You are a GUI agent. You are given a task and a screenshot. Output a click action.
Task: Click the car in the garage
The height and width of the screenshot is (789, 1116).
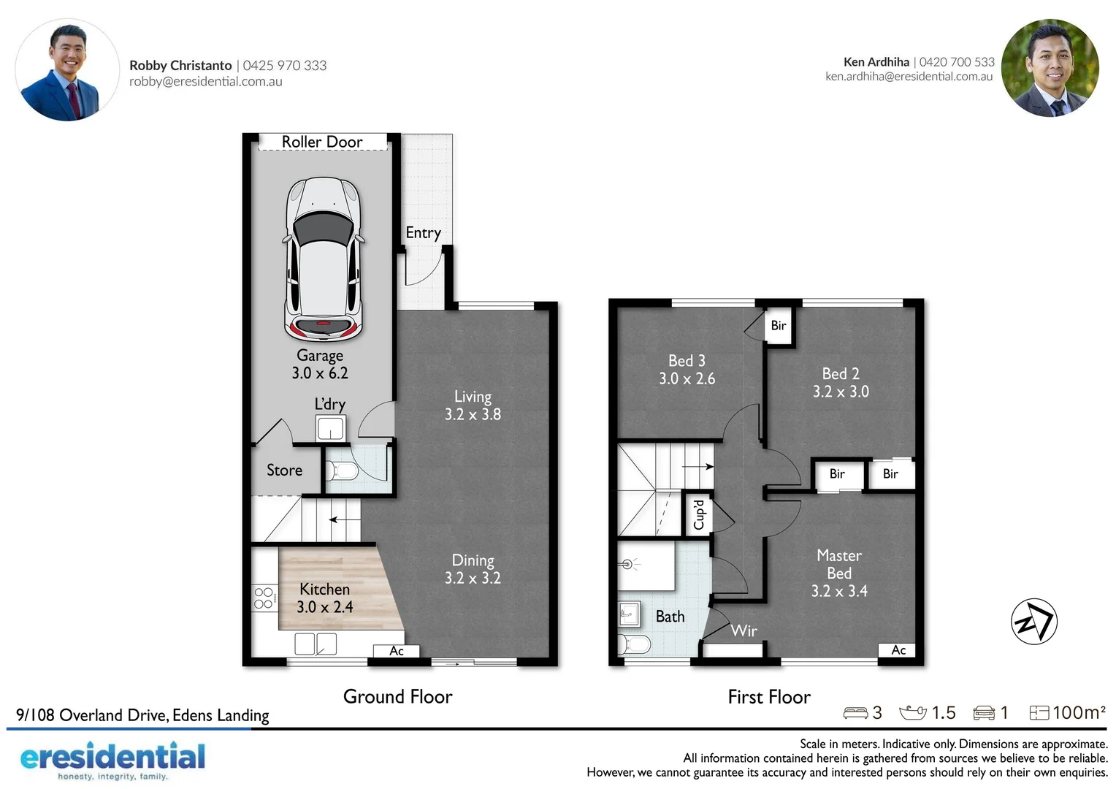324,259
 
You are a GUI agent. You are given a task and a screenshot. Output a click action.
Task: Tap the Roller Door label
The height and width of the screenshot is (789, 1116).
322,142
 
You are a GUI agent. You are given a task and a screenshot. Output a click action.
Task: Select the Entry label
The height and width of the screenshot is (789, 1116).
423,233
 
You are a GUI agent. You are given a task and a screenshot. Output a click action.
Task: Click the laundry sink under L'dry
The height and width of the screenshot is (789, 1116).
330,428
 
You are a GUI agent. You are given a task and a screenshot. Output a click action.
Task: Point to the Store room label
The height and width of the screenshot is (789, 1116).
284,470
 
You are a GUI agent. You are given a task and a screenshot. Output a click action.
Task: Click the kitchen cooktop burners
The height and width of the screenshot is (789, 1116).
264,598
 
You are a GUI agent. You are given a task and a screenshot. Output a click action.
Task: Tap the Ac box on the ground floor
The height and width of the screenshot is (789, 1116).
397,651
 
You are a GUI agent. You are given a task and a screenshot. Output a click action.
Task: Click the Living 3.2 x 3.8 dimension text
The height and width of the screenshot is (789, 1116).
473,414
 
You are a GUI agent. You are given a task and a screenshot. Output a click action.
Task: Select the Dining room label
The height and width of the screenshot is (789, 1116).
473,560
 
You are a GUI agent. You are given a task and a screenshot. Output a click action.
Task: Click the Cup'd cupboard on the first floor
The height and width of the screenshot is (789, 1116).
698,514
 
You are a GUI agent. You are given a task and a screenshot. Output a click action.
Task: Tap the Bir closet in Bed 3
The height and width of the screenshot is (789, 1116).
779,326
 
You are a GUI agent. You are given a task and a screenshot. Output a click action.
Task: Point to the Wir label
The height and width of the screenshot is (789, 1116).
744,631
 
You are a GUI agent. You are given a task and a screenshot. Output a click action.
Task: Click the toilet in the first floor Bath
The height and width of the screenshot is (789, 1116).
634,644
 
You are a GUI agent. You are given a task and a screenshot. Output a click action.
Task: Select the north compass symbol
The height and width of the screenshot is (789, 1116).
1033,622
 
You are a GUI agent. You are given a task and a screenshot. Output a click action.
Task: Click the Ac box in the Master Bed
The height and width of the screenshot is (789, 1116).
898,650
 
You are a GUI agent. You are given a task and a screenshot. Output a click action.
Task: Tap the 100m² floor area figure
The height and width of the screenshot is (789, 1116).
1079,713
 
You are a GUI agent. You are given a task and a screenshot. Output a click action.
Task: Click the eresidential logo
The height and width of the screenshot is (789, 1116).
112,760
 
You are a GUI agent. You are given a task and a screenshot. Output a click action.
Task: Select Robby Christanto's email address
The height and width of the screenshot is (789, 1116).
206,81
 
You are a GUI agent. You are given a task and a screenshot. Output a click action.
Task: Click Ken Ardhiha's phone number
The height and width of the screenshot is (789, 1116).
957,62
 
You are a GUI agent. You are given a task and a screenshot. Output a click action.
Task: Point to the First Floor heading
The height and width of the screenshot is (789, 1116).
769,697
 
